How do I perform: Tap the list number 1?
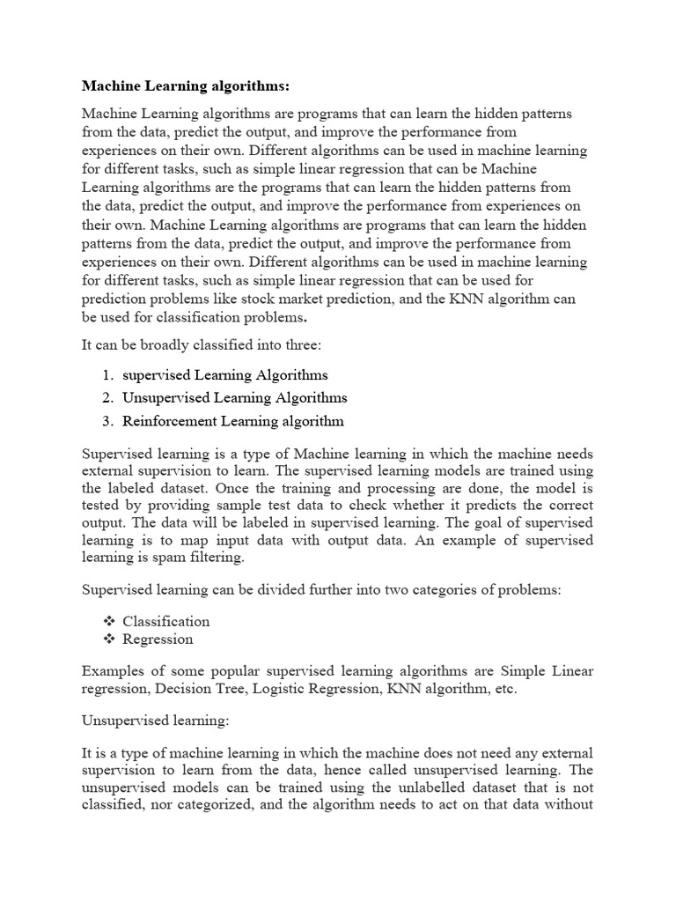(107, 375)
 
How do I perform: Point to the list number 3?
(107, 421)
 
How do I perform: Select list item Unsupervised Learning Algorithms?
(234, 398)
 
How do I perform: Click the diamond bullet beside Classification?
(109, 622)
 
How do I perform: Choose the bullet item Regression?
(158, 640)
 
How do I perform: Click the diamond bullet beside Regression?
(109, 640)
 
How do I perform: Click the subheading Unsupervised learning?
(155, 721)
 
